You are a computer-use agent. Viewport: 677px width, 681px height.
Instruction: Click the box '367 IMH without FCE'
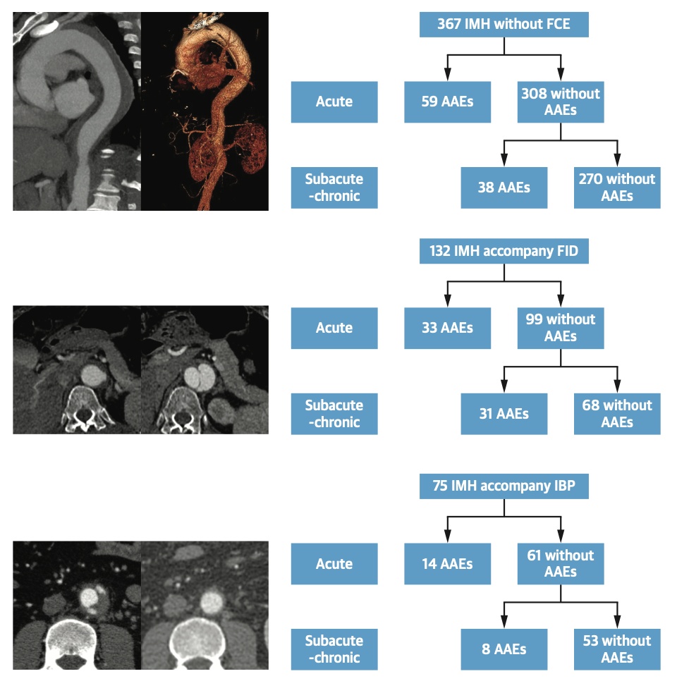pos(504,25)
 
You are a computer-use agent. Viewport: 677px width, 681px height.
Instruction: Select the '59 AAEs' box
pos(447,102)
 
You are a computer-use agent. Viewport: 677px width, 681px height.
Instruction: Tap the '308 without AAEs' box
pos(561,102)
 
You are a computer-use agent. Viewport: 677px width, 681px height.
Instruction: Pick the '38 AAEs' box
pos(504,188)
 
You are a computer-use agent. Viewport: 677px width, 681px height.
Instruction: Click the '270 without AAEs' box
pos(617,188)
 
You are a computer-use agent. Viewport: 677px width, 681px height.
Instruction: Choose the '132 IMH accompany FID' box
pos(504,251)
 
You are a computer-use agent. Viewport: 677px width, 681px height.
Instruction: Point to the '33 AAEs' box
pos(447,328)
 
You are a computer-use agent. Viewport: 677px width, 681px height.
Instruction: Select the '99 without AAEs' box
pos(561,328)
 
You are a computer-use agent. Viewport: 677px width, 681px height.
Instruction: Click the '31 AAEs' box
pos(504,414)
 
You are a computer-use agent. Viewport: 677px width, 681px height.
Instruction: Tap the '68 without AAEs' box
pos(617,414)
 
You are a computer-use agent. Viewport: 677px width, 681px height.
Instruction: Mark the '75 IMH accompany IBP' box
pos(504,487)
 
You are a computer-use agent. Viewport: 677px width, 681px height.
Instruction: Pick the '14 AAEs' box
pos(447,563)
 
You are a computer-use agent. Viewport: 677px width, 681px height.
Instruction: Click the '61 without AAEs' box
pos(561,563)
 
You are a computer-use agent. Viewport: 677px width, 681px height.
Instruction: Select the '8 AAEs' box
pos(504,649)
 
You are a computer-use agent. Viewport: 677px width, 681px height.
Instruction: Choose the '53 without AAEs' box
pos(617,649)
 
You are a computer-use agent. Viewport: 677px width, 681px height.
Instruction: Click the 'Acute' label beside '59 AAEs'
pos(334,102)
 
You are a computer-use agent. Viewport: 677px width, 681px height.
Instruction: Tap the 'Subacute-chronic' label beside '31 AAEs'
pos(334,414)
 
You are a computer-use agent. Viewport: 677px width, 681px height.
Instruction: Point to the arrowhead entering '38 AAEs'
pos(504,161)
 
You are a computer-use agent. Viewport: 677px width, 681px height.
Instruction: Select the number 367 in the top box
pos(449,25)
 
